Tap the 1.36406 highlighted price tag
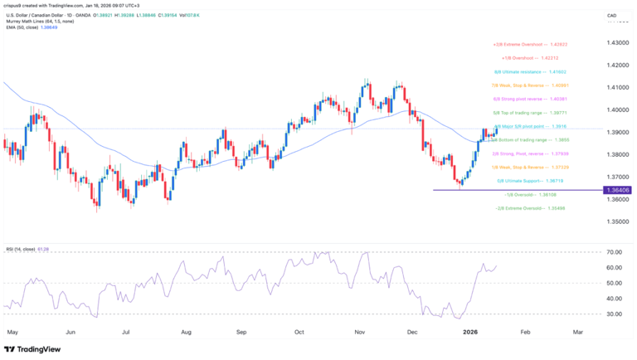tap(619, 191)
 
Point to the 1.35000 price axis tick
tap(619, 221)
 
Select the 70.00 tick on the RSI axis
tap(615, 251)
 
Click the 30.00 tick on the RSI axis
tap(615, 314)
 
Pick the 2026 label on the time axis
tap(469, 330)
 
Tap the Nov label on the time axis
tap(360, 330)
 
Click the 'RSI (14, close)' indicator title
tap(25, 247)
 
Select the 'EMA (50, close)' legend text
tap(26, 27)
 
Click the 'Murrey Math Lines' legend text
tap(33, 21)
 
